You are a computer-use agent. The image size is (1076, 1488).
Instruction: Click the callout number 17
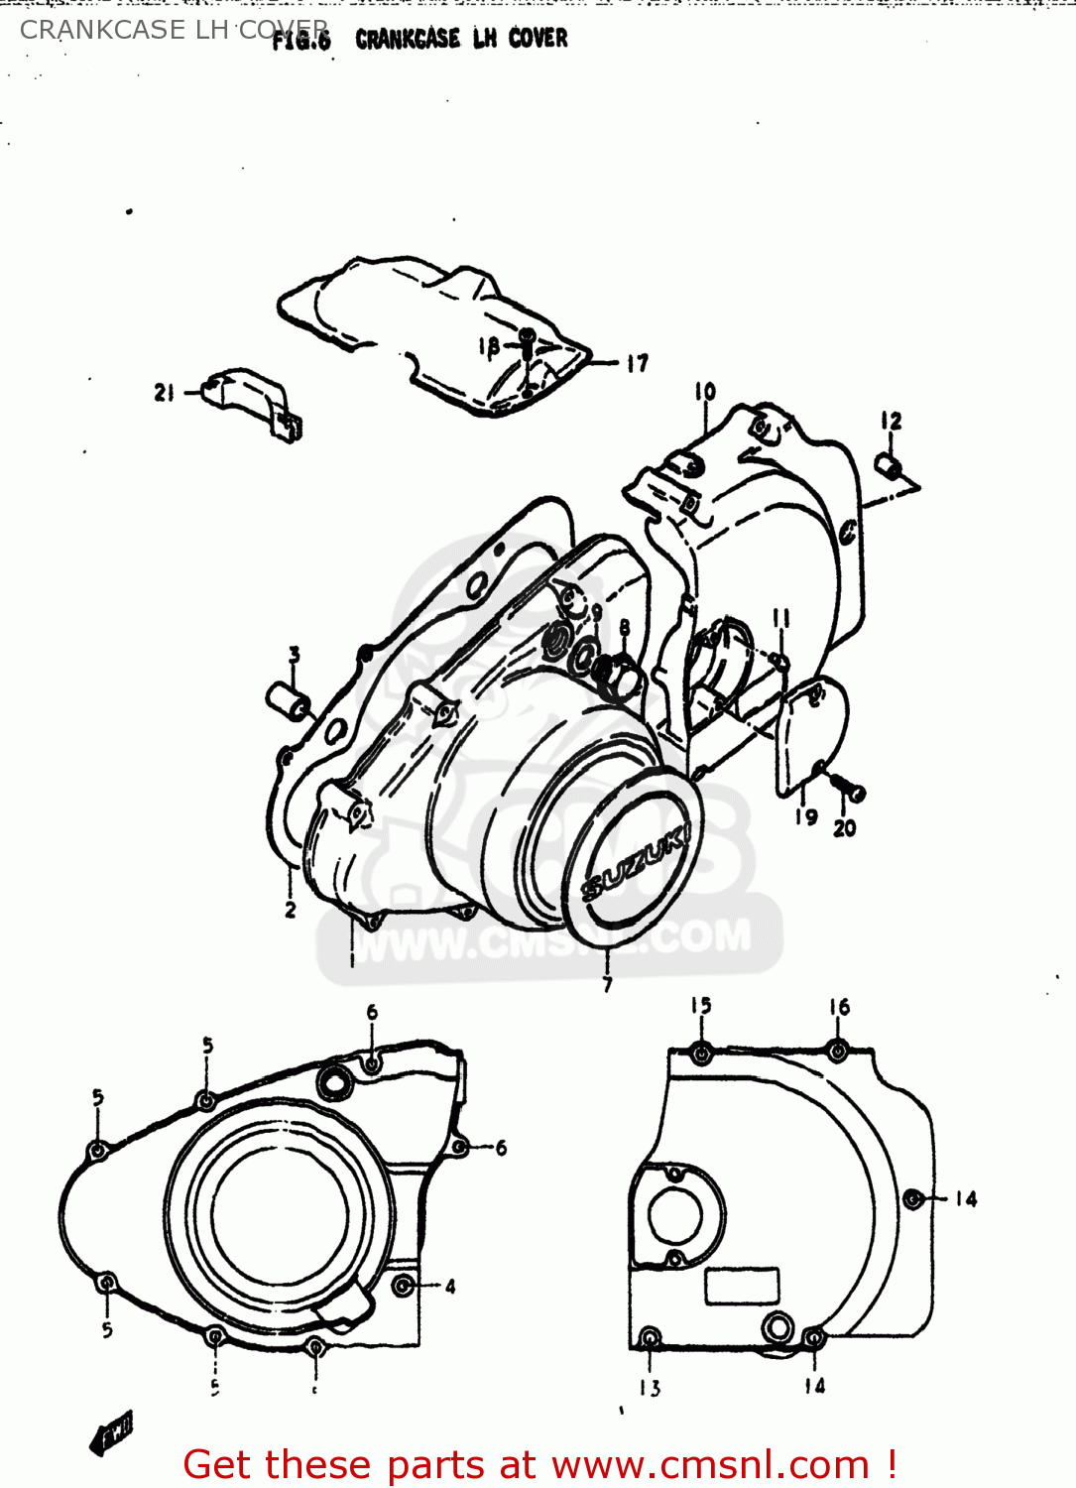637,364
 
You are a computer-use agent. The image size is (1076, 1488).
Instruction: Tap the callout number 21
164,393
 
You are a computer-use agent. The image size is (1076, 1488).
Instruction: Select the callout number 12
891,422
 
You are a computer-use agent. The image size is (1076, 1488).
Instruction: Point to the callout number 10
704,392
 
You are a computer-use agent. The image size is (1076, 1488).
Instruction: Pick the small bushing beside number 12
889,465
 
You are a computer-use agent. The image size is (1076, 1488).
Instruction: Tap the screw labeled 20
849,790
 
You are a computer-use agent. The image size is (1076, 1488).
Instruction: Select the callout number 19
806,816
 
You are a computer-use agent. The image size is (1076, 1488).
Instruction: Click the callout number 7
607,983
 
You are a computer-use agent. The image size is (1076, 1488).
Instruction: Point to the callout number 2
290,909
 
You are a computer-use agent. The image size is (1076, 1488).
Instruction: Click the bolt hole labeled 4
403,1286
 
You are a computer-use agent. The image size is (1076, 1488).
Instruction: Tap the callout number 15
701,1006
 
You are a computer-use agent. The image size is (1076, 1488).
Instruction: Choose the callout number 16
839,1007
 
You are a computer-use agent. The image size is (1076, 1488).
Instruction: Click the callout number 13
650,1388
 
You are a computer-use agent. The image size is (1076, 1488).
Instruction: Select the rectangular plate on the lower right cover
741,1287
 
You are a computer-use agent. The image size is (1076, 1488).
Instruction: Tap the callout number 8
624,628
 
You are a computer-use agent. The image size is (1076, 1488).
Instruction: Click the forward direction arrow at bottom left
111,1433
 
